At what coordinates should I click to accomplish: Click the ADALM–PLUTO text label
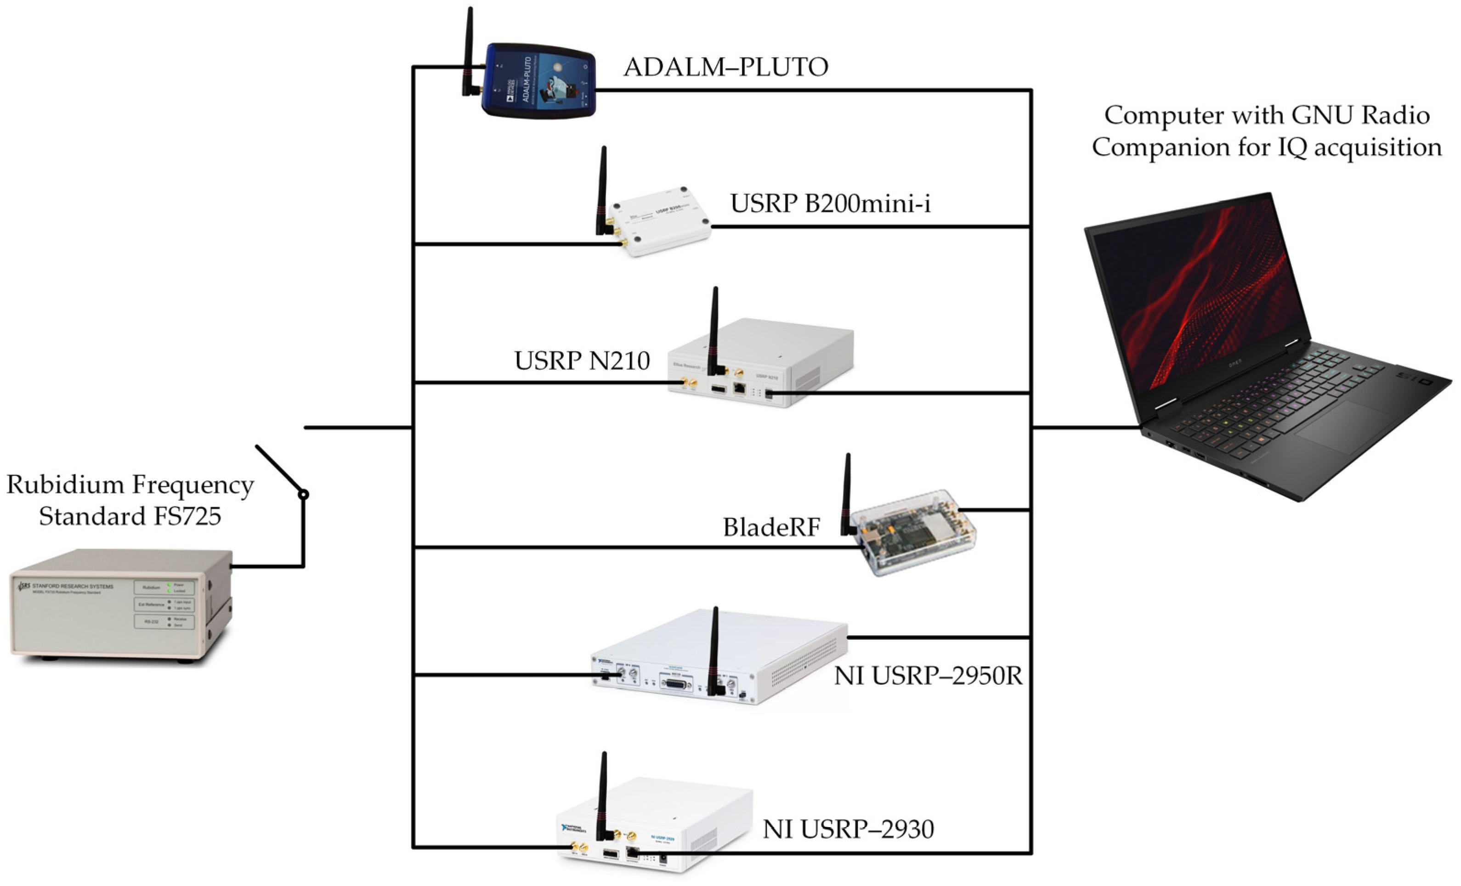[x=726, y=67]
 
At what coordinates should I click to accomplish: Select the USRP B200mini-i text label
[x=830, y=203]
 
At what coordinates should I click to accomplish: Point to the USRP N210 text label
[x=582, y=361]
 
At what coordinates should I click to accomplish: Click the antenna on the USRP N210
[x=715, y=332]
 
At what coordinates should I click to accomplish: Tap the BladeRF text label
[x=771, y=527]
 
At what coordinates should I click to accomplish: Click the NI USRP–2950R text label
[x=928, y=676]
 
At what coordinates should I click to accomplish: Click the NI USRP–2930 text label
[x=848, y=829]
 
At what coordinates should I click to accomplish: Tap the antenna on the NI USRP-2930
[x=604, y=794]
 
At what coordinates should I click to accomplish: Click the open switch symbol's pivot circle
[x=304, y=494]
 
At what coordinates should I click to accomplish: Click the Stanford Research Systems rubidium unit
[x=119, y=604]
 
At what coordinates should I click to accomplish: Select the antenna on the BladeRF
[x=847, y=492]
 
